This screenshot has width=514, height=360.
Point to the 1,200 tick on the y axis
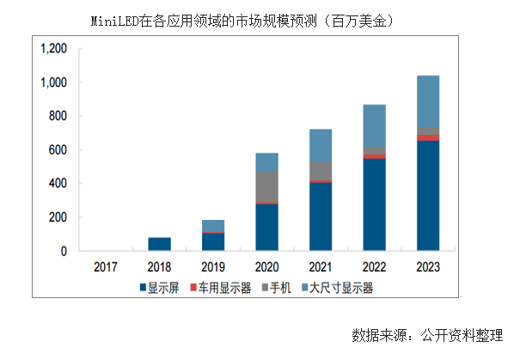click(x=53, y=49)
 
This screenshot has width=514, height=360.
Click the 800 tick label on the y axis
click(x=58, y=116)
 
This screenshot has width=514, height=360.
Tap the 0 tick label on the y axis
click(x=64, y=251)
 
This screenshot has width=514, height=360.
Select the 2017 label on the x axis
click(x=105, y=267)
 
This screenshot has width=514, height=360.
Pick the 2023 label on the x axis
click(x=427, y=267)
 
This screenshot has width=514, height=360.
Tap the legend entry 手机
click(x=285, y=287)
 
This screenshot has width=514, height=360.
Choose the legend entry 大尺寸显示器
click(x=344, y=287)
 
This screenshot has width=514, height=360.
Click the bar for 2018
click(x=159, y=244)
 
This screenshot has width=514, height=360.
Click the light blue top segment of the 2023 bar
click(x=427, y=101)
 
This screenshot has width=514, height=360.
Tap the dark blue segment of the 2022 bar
click(x=374, y=204)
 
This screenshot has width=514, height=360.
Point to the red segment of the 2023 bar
click(x=427, y=137)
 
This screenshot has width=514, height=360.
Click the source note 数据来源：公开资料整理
click(x=427, y=333)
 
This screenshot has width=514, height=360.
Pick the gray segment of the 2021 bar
click(x=320, y=171)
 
